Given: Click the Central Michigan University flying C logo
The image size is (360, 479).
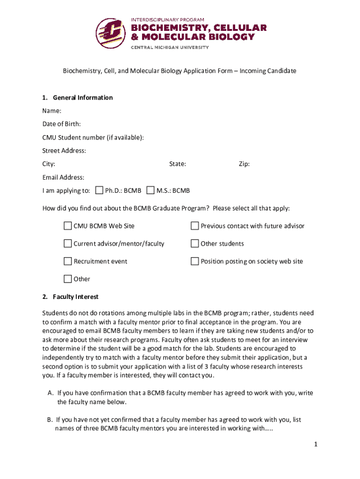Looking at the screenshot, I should tap(111, 33).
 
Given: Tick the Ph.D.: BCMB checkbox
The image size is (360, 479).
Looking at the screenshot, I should tap(99, 190).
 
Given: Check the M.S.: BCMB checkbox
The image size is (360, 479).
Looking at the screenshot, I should tap(150, 190).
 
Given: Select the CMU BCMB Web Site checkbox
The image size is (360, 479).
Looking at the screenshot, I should tap(68, 226).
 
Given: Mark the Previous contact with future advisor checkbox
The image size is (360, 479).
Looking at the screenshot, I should tap(195, 226).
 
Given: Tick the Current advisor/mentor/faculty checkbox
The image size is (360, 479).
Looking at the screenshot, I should tap(68, 244).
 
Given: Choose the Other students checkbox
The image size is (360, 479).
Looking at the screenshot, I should tap(195, 244).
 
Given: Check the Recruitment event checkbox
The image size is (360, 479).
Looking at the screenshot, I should tap(68, 261).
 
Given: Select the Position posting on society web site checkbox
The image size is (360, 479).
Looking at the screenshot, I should tap(195, 261).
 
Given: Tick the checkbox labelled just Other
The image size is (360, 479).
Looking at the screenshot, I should tap(68, 279).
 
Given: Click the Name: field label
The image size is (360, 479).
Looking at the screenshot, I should tap(51, 111).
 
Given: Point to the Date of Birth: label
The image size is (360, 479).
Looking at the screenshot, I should tap(61, 124).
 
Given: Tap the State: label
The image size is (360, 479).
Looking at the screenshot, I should tap(178, 164).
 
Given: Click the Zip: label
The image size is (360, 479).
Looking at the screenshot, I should tap(244, 164).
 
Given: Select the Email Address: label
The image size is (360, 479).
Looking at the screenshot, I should tap(63, 177).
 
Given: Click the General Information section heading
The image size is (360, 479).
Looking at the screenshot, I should tap(83, 98).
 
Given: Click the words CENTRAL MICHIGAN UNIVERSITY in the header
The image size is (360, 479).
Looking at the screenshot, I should tap(170, 47).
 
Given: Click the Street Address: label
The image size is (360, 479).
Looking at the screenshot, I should tap(64, 151).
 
